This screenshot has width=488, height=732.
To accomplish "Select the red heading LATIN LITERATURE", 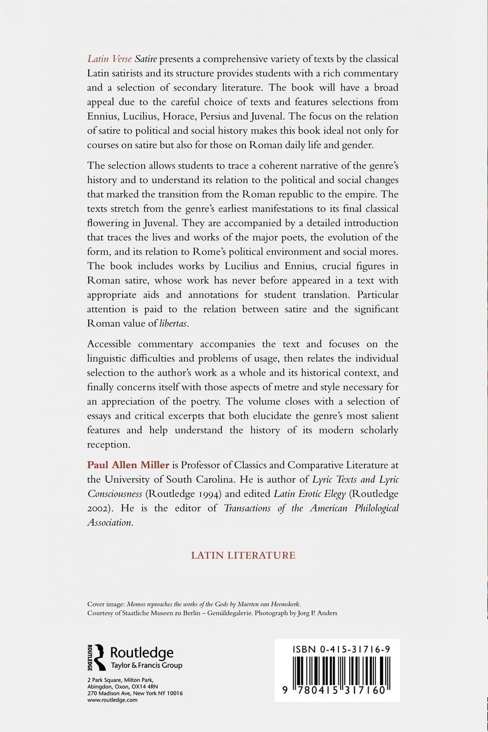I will coord(243,555).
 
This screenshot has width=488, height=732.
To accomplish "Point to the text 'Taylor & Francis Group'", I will coord(146,665).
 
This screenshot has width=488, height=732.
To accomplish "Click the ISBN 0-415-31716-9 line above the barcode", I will coord(342,650).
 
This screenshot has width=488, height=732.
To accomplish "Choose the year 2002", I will coord(98,508).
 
